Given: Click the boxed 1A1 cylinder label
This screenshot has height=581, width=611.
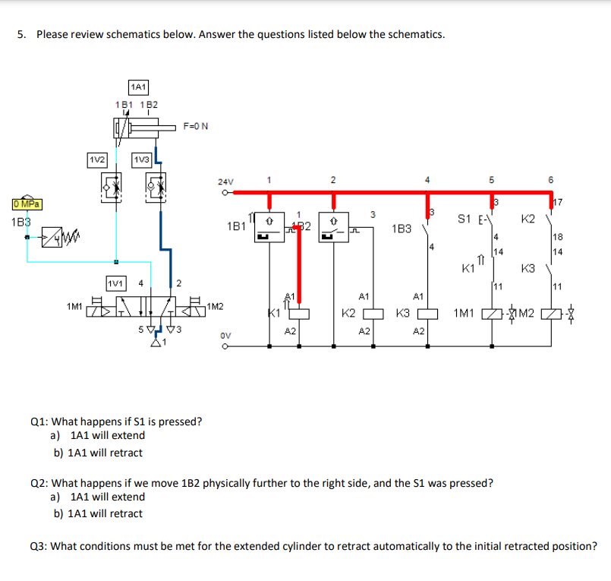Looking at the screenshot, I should (138, 87).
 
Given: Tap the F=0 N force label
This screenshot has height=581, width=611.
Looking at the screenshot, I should (195, 126).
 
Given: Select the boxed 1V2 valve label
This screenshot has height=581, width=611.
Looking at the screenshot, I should (96, 159).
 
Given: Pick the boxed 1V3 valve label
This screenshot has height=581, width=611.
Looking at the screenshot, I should (142, 159).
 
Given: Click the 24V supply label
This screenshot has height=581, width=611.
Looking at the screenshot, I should (225, 182).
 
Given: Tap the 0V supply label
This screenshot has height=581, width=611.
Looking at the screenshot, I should (225, 333).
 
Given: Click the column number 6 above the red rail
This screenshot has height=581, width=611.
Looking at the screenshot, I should (551, 180).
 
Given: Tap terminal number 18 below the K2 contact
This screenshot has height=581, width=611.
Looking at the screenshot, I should (557, 238).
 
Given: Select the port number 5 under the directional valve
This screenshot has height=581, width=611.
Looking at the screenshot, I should (140, 329).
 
